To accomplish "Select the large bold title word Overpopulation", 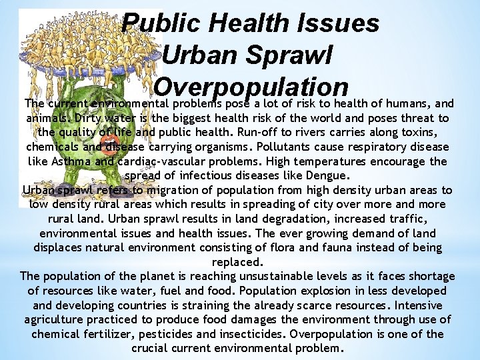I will [251, 88].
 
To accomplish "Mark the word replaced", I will [237, 262].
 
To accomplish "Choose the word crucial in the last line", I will [149, 348].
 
